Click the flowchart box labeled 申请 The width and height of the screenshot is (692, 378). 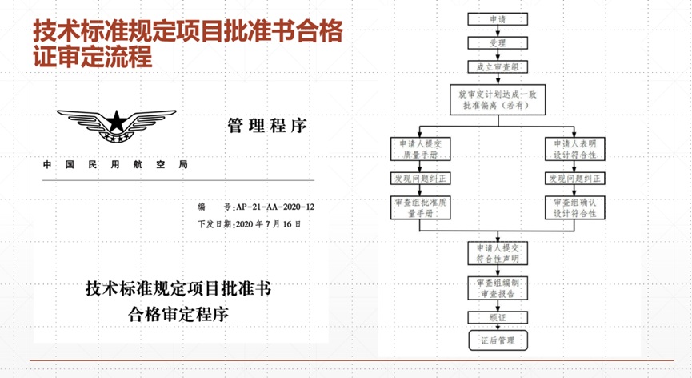tap(497, 18)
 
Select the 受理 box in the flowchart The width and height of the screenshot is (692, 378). tap(497, 43)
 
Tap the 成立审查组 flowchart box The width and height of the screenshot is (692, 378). tap(497, 69)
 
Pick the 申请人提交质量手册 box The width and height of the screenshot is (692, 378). tap(419, 148)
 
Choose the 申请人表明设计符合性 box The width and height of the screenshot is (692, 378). tap(575, 148)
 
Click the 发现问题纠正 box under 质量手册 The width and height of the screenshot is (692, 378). tap(419, 178)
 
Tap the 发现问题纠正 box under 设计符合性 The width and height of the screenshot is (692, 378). tap(575, 178)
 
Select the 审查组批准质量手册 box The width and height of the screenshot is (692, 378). tap(419, 208)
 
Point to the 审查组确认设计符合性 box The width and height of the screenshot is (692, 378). tap(575, 208)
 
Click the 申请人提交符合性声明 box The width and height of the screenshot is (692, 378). tap(497, 253)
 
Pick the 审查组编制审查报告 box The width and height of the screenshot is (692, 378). tap(497, 288)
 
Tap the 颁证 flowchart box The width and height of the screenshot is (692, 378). tap(497, 317)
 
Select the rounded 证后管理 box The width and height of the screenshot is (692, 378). tap(497, 341)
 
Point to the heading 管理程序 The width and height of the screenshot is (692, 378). tap(266, 126)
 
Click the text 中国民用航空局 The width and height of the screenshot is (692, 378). tap(115, 165)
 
